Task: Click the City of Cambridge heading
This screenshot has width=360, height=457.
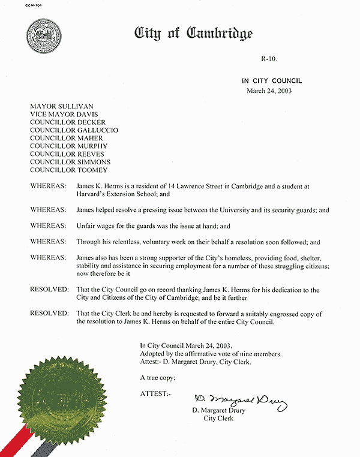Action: tap(194, 34)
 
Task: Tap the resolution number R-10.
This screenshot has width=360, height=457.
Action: tap(269, 58)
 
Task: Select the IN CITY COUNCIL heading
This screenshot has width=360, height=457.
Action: tap(272, 81)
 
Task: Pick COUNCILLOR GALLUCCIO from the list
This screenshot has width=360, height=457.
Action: tap(74, 130)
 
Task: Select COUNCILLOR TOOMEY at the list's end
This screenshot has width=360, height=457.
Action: tap(70, 170)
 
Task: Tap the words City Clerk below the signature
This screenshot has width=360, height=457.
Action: tap(218, 419)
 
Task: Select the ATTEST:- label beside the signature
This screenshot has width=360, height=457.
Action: tap(155, 393)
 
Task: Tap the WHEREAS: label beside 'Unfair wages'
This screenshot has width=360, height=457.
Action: tap(47, 226)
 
